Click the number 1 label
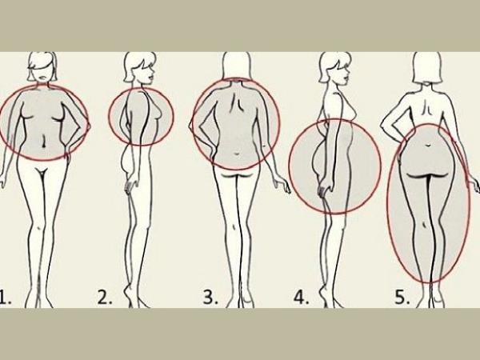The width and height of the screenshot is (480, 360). [x=5, y=298]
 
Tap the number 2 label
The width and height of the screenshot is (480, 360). [x=105, y=298]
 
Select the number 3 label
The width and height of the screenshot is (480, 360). [x=211, y=298]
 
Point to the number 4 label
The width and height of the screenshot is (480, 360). [x=302, y=298]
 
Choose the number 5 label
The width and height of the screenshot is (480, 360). [x=402, y=298]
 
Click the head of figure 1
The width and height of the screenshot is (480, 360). [x=42, y=66]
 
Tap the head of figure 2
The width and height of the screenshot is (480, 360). [x=140, y=68]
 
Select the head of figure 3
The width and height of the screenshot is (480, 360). [x=237, y=66]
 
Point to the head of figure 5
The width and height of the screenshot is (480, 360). [x=428, y=67]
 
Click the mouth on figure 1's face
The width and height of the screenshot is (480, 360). [x=43, y=78]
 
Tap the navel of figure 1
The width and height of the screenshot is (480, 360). [x=44, y=142]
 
